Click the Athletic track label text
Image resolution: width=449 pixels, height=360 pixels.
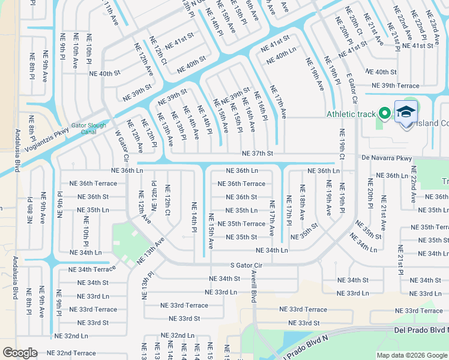(x=350, y=114)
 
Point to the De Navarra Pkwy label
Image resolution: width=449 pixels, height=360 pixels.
(x=387, y=158)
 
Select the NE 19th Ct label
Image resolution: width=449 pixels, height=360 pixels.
(x=342, y=145)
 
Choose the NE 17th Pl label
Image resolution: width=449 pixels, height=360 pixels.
(x=289, y=210)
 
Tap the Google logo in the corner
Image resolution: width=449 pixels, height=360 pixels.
(x=20, y=353)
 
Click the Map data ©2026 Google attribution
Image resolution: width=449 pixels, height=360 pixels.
(x=411, y=355)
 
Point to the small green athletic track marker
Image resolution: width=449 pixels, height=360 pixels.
(x=385, y=113)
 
